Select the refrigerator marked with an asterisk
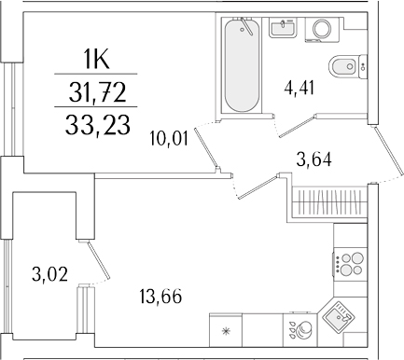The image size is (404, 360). pyautogui.click(x=225, y=330)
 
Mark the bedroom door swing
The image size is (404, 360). pyautogui.click(x=216, y=150)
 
